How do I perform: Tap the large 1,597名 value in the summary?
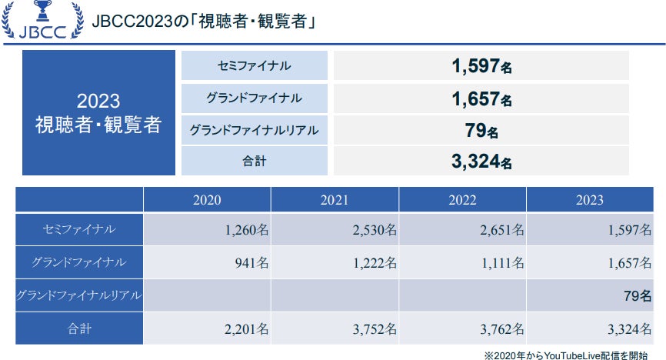click(481, 66)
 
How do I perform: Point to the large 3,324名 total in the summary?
click(481, 162)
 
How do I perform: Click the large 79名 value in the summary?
click(481, 130)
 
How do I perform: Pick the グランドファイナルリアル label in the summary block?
click(254, 130)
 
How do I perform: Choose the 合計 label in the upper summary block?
click(254, 162)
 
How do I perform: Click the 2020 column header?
click(207, 200)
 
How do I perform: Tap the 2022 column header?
click(462, 200)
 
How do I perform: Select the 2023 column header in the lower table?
click(590, 200)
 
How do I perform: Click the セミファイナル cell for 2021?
click(370, 229)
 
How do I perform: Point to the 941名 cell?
click(247, 262)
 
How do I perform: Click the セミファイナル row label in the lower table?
click(79, 229)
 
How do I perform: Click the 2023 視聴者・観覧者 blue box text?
click(98, 113)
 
